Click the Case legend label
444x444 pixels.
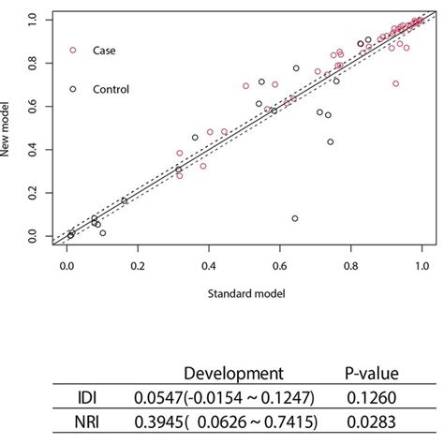point(103,51)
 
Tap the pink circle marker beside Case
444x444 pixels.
point(73,51)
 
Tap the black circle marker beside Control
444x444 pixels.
point(73,89)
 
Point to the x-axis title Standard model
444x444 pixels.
point(243,293)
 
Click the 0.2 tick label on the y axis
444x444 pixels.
point(35,193)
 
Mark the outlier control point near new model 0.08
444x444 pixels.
point(295,218)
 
